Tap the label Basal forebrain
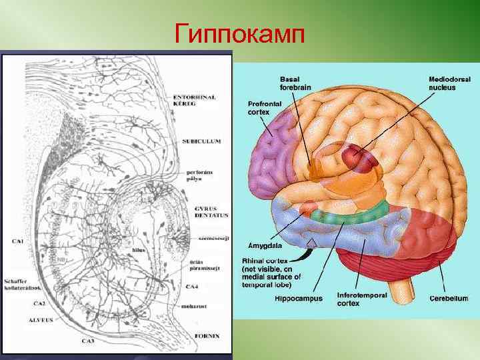pyautogui.click(x=295, y=83)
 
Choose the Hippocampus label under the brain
pyautogui.click(x=299, y=299)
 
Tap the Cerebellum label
pyautogui.click(x=448, y=298)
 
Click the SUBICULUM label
pyautogui.click(x=201, y=141)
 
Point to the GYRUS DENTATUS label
pyautogui.click(x=211, y=212)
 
